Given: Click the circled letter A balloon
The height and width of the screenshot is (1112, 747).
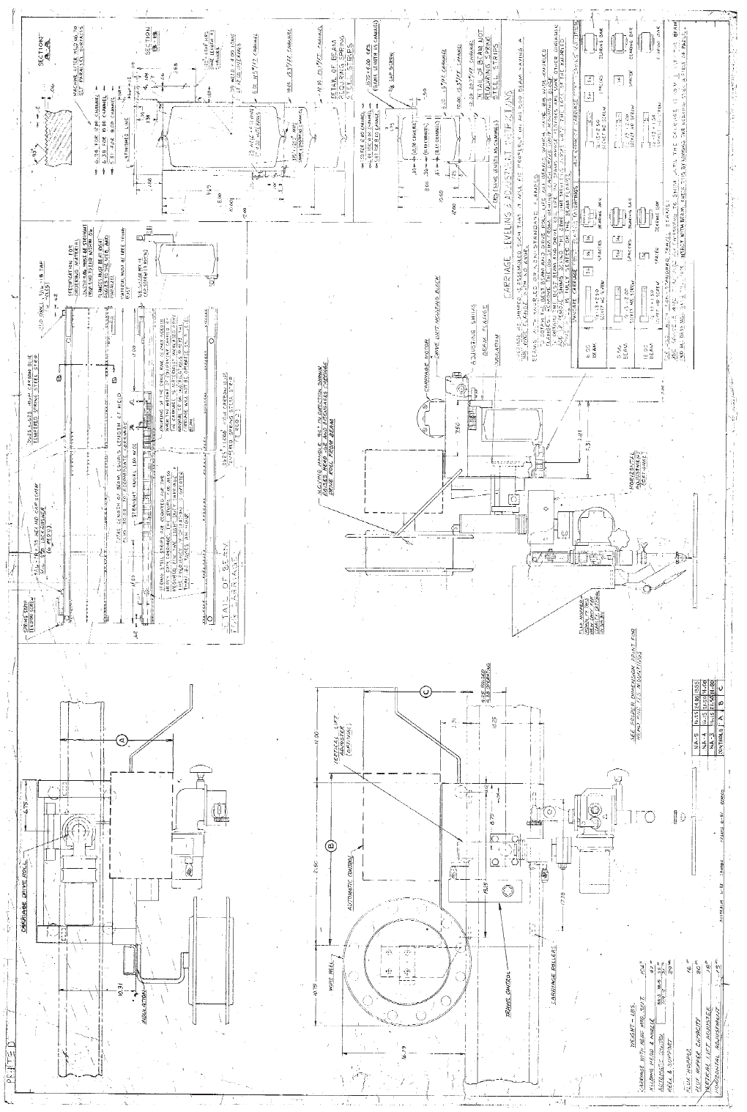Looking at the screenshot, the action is (x=122, y=739).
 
